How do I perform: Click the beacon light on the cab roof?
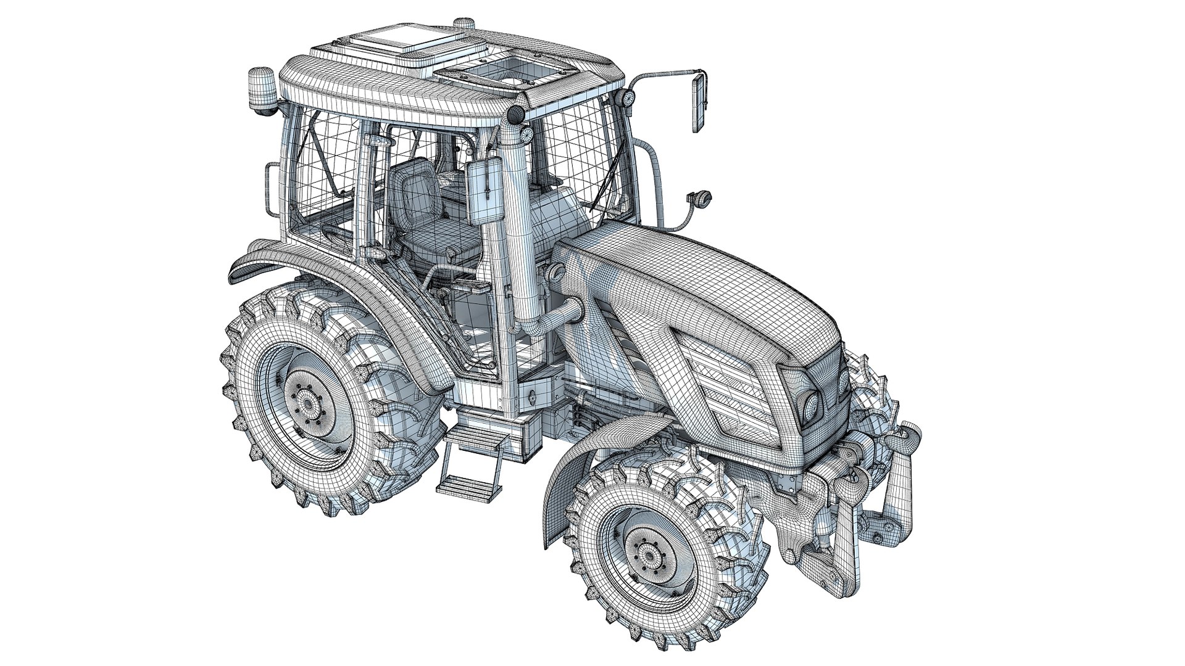[x=259, y=88]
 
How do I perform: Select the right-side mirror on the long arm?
[x=699, y=103]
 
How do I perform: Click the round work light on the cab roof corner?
[x=514, y=113]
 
